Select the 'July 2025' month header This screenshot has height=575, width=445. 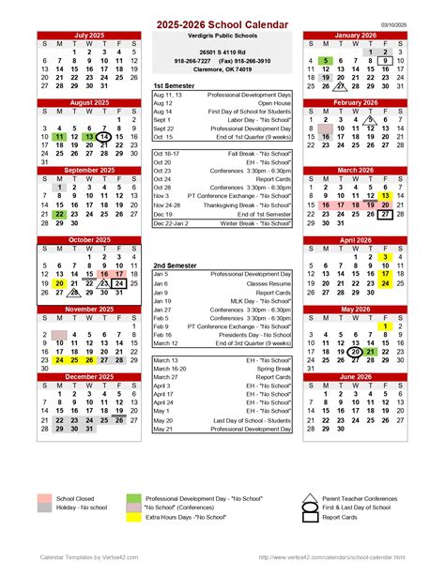pos(89,34)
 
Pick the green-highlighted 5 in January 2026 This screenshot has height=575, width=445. pos(324,60)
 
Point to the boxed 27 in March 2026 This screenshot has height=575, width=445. pos(384,215)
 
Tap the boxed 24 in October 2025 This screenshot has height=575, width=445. pos(119,282)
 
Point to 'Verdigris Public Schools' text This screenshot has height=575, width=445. pos(222,34)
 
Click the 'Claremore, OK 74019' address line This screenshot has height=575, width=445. pos(222,69)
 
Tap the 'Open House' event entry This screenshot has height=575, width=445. pos(273,103)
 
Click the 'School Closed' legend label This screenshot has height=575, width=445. pos(75,499)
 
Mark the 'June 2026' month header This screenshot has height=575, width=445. pos(354,376)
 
